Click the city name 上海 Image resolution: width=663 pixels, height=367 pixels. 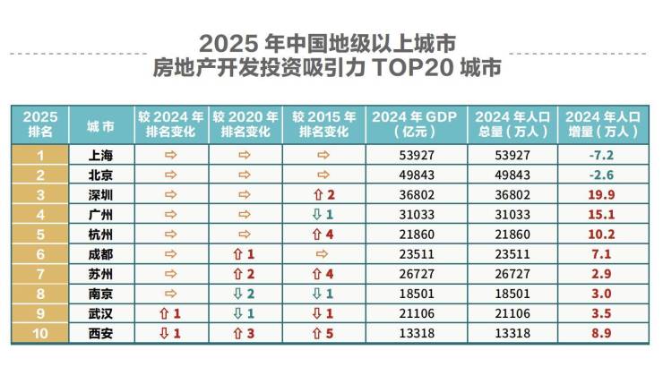pos(100,156)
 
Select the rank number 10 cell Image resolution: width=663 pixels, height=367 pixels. pos(40,334)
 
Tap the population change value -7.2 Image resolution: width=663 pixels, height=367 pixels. pos(601,155)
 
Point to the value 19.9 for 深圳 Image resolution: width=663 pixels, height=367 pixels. pos(601,195)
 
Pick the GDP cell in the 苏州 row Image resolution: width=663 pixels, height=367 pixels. pos(417,274)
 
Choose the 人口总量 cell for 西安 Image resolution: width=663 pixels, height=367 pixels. pos(512,334)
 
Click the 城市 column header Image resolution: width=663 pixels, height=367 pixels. pos(100,126)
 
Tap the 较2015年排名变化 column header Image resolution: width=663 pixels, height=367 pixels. pos(324,124)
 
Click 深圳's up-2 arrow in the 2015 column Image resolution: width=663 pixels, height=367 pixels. pos(317,195)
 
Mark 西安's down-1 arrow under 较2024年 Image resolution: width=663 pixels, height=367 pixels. pos(164,334)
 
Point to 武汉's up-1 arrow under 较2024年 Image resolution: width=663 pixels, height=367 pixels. pos(164,314)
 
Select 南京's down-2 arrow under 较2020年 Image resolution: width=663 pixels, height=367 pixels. pos(238,294)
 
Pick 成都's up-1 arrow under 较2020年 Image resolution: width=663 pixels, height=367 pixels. pos(238,254)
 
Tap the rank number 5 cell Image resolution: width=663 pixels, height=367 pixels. pos(40,235)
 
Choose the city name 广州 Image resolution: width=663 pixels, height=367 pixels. pos(100,215)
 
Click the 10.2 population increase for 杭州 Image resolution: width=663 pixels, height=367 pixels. pos(601,235)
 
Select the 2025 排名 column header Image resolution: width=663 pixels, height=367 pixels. pos(40,124)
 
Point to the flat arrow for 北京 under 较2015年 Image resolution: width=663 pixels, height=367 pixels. pos(323,175)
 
